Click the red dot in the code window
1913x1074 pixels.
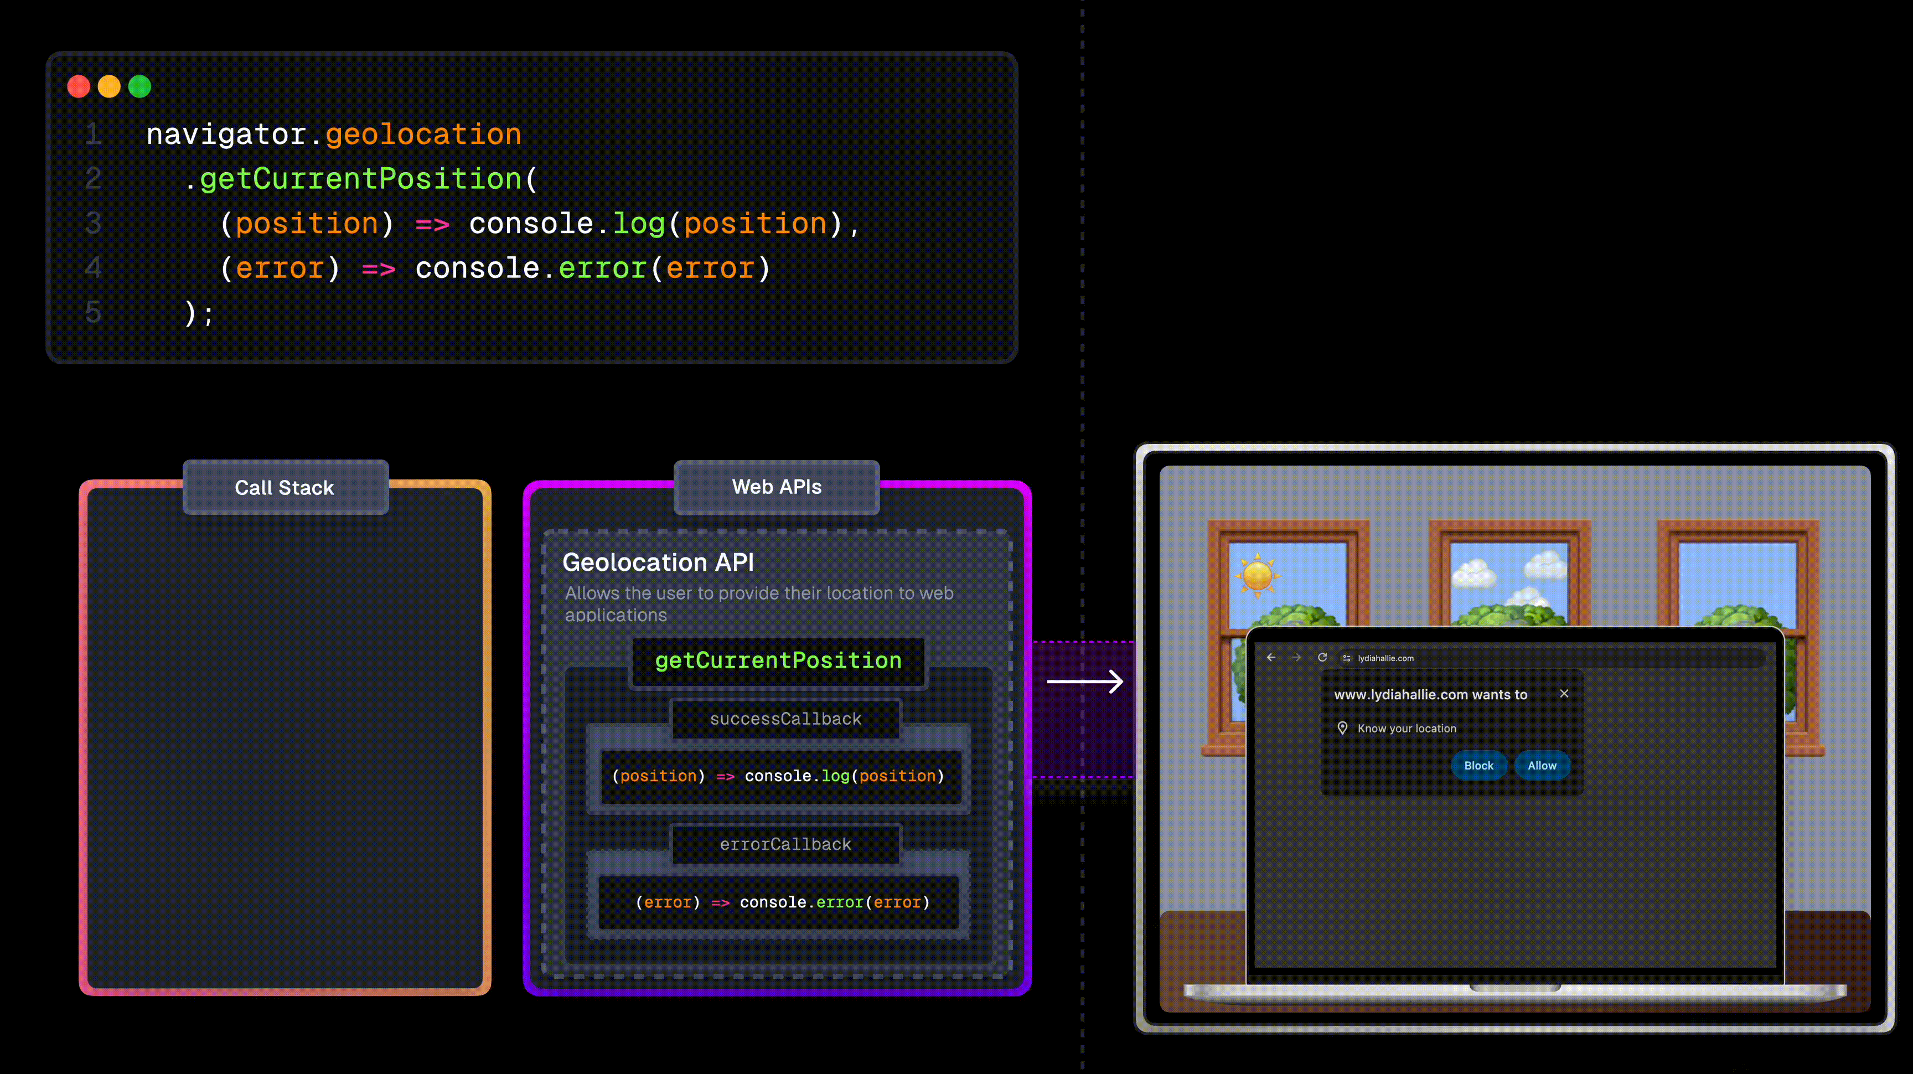coord(79,86)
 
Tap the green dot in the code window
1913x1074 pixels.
coord(139,86)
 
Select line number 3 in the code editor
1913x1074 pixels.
coord(93,223)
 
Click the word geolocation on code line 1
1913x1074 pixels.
coord(423,135)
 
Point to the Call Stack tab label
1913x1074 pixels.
coord(285,487)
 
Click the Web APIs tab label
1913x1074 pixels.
coord(777,487)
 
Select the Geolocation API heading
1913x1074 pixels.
coord(658,562)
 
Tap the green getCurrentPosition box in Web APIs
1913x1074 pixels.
coord(778,660)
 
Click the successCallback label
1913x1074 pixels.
coord(785,719)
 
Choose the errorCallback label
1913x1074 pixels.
coord(785,844)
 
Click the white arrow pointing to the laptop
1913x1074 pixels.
coord(1085,681)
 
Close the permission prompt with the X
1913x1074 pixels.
coord(1564,693)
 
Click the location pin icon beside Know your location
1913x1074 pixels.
coord(1343,728)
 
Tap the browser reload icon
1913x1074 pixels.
coord(1322,657)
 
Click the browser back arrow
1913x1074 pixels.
coord(1271,657)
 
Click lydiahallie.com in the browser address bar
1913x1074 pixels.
coord(1385,658)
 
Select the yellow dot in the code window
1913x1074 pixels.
coord(109,86)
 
